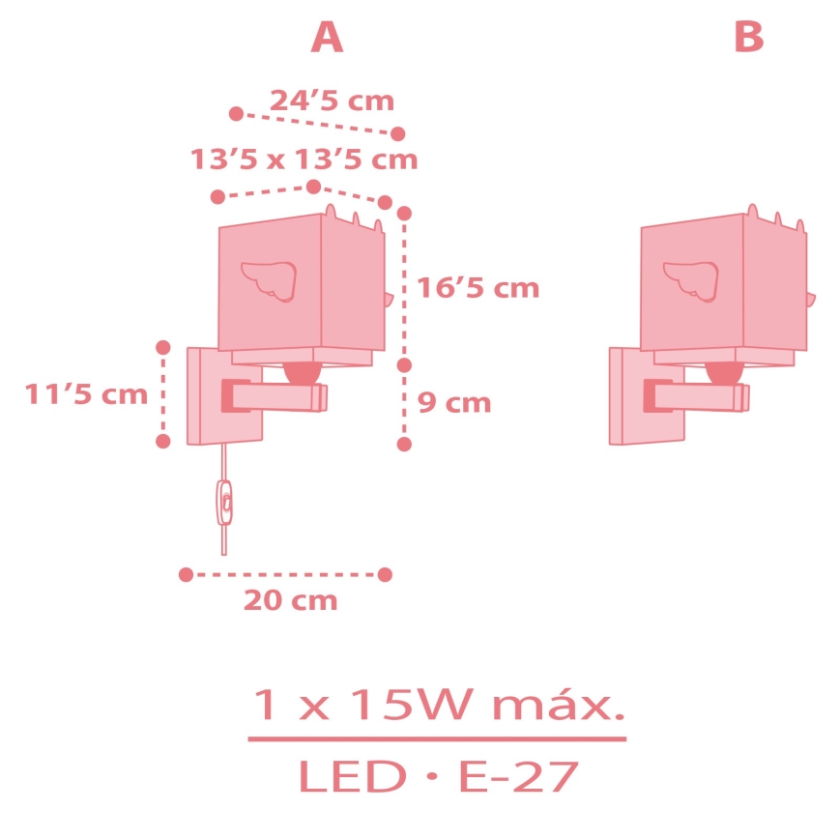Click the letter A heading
327,37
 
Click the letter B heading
749,37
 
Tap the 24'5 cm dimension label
332,101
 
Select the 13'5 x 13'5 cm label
304,159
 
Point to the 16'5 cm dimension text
477,288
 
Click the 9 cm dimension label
453,402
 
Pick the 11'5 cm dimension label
86,394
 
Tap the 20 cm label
291,600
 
